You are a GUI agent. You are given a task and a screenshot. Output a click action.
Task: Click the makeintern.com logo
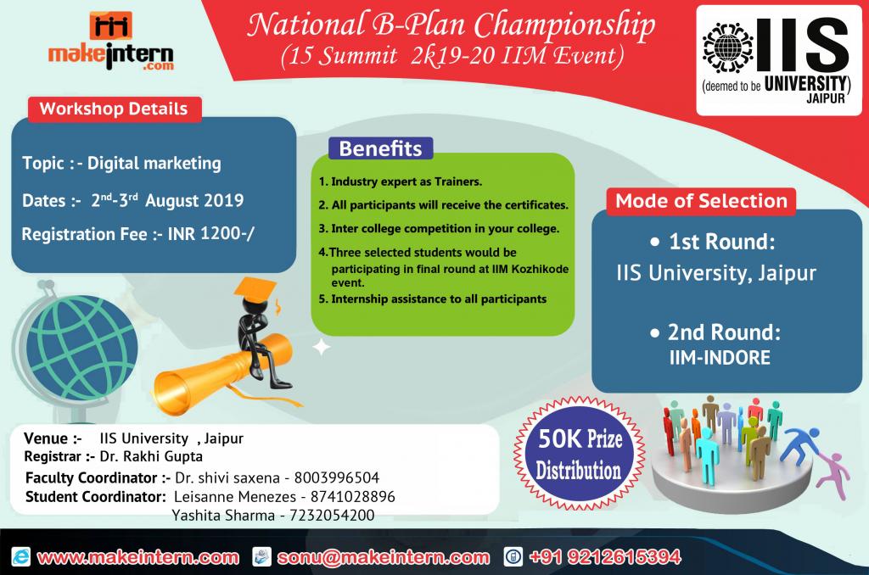tap(111, 42)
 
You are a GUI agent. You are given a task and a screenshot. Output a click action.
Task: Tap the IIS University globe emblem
tap(727, 47)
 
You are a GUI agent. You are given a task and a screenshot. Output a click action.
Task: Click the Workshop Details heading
tap(114, 109)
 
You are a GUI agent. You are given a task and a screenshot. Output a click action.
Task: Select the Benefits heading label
tap(380, 148)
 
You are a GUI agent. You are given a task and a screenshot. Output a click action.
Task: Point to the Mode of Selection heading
tap(701, 200)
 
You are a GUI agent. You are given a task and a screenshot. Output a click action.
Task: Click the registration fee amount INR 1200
tap(210, 234)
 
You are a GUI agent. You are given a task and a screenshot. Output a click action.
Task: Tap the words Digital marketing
tap(154, 163)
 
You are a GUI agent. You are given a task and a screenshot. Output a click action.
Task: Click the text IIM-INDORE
tap(720, 357)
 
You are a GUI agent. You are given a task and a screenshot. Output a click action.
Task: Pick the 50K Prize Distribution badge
tap(579, 453)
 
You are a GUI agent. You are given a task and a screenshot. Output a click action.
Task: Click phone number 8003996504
tap(336, 477)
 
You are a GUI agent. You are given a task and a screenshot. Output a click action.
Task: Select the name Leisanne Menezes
tap(235, 496)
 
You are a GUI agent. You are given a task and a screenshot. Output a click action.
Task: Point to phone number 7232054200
tap(332, 515)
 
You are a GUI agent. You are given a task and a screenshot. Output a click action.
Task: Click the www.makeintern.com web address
tap(138, 557)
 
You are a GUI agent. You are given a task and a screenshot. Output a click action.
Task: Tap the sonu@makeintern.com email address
tap(383, 557)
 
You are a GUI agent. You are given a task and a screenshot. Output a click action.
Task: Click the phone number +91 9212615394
tap(604, 556)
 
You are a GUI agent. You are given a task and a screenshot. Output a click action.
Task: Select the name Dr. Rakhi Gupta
tap(151, 456)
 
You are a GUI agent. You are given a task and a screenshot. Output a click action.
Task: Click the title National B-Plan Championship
tap(451, 25)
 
